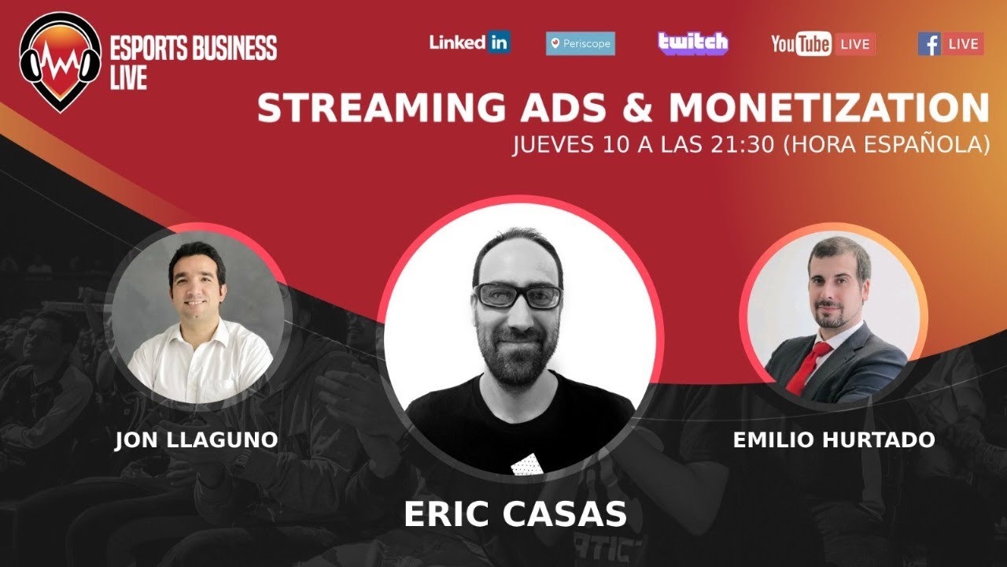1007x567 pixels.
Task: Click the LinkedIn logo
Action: [470, 43]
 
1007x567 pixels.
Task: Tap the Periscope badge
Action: [581, 44]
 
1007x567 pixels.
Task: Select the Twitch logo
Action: [693, 43]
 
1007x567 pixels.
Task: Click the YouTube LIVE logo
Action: [822, 44]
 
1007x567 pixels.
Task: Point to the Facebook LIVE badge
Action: [950, 44]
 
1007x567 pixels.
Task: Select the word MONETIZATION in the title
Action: [829, 109]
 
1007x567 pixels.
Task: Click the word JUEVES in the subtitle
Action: [555, 146]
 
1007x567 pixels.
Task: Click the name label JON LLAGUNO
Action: [196, 440]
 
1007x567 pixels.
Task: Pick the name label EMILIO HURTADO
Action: [834, 439]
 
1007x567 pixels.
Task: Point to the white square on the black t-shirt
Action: [525, 465]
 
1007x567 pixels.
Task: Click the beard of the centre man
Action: [519, 358]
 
